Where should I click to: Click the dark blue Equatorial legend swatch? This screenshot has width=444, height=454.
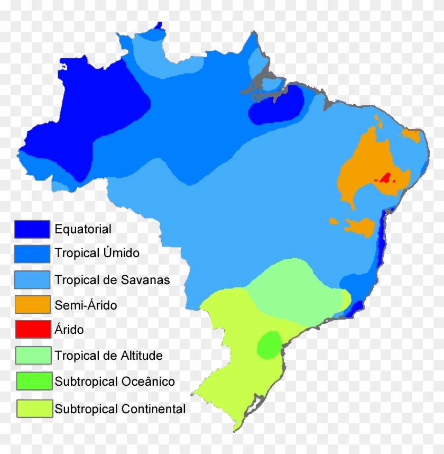pos(32,229)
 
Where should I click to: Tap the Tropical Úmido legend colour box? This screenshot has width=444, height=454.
pos(32,253)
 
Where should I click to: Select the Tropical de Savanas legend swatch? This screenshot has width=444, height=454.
pos(32,279)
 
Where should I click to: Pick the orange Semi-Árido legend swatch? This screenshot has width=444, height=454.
pos(32,304)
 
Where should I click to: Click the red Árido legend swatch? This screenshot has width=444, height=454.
pos(32,330)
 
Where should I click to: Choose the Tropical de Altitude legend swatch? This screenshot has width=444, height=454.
pos(32,355)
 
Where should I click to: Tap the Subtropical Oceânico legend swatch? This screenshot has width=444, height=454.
pos(32,381)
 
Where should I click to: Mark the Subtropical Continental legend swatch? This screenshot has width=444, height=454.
pos(32,408)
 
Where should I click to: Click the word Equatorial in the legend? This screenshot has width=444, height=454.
pos(83,229)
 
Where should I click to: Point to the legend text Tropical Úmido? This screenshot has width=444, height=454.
pos(97,253)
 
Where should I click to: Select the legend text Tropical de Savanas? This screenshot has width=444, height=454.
pos(112,279)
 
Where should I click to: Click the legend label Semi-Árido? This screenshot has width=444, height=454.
pos(86,305)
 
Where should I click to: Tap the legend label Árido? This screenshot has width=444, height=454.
pos(69,330)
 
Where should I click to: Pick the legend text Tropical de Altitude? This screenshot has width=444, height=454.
pos(108,356)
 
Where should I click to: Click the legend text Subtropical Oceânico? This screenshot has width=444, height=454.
pos(114,381)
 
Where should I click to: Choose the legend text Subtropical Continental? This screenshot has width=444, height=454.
pos(120,408)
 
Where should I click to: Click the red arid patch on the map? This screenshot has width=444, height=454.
pos(386,178)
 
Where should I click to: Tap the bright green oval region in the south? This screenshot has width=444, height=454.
pos(270,344)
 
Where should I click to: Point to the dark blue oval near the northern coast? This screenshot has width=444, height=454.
pos(276,106)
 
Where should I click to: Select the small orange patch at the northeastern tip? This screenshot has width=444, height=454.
pos(412,134)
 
